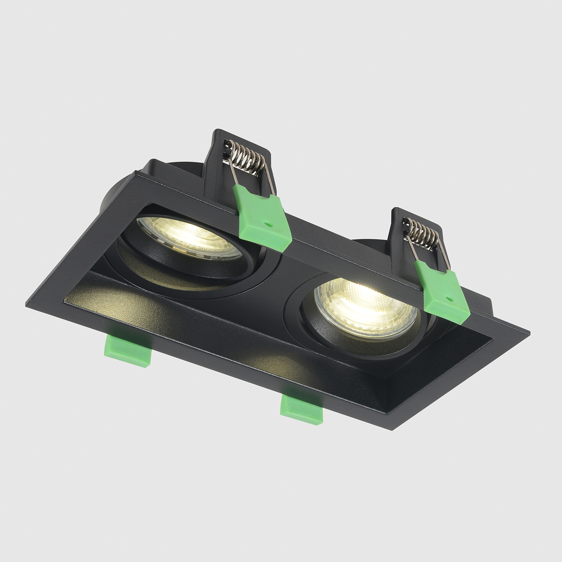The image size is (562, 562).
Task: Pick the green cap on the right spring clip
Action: point(442,288)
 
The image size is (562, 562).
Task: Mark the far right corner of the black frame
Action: point(528,332)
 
